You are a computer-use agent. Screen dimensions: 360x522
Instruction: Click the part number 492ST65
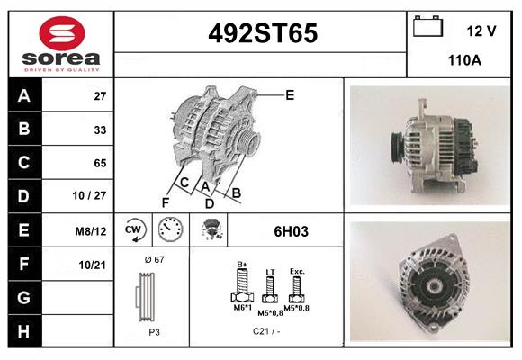(262, 34)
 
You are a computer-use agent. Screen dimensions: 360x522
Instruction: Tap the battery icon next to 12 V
(427, 28)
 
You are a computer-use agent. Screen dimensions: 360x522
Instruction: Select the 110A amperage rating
(464, 62)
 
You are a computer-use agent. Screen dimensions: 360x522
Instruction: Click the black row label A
(24, 95)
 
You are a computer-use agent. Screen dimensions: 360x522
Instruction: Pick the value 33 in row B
(100, 129)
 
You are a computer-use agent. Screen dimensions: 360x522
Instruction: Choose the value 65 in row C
(100, 163)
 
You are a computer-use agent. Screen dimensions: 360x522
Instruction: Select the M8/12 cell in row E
(92, 231)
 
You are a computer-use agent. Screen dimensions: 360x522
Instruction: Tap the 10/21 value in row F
(94, 265)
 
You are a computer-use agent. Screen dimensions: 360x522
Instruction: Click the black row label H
(24, 331)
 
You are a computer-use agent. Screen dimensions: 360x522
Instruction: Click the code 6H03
(291, 231)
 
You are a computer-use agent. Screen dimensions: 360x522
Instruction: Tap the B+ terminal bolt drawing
(241, 288)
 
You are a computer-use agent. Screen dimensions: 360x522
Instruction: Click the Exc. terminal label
(296, 270)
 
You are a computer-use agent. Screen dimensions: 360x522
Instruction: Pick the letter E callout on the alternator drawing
(290, 94)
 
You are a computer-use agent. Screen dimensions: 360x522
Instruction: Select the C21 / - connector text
(266, 331)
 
